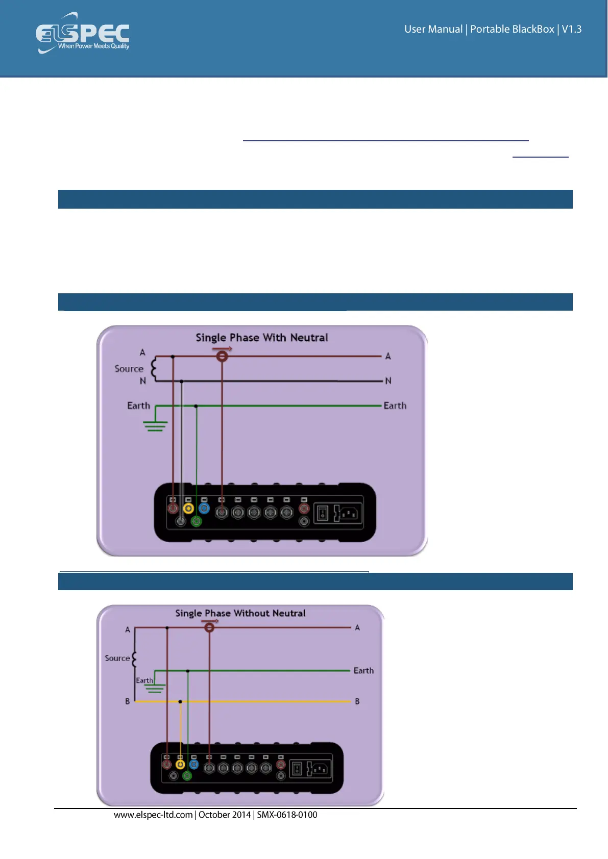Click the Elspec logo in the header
pos(83,34)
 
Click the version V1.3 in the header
pos(572,29)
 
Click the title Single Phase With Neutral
pos(262,338)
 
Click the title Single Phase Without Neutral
pos(240,613)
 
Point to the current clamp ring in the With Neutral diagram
pos(222,356)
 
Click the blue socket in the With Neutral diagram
pos(204,508)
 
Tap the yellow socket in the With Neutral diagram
pos(188,508)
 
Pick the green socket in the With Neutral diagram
pos(197,521)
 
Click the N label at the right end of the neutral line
pos(388,381)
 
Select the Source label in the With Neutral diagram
pos(129,369)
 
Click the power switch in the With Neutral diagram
pos(323,513)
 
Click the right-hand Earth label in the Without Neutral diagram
pos(363,671)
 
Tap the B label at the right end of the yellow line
pos(357,701)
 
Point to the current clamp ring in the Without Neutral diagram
pos(209,627)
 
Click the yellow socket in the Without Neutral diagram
pos(180,764)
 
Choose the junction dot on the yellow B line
pos(180,702)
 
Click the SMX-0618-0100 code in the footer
pos(287,815)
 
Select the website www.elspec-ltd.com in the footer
pos(153,815)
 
